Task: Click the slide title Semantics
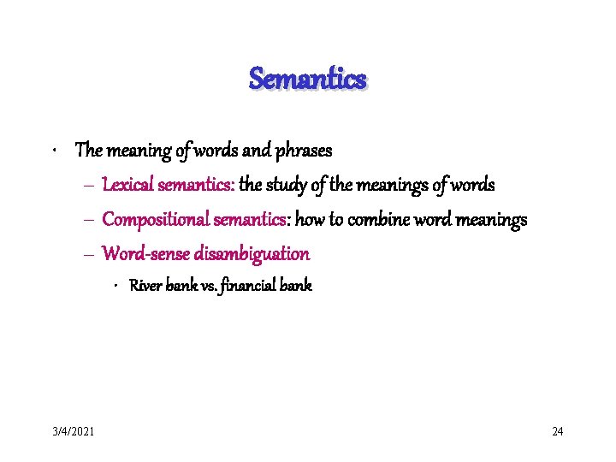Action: pyautogui.click(x=307, y=80)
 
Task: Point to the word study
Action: pyautogui.click(x=291, y=185)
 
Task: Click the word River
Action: pyautogui.click(x=145, y=286)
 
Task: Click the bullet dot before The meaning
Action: pyautogui.click(x=54, y=151)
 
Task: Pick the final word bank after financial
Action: pyautogui.click(x=296, y=286)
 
